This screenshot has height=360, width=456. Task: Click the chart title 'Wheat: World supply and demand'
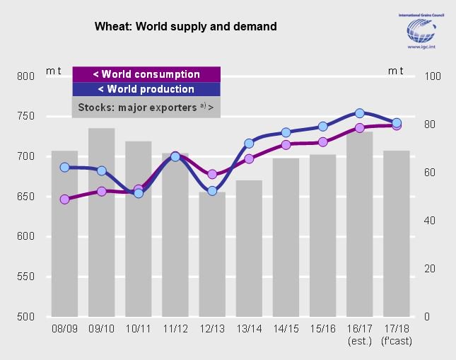click(x=185, y=26)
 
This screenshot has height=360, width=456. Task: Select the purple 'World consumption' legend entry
click(x=146, y=74)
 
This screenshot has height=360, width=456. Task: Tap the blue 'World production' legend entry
click(x=146, y=89)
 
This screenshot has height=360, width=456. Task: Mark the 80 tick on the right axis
click(x=429, y=124)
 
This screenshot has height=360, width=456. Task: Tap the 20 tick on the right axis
click(x=429, y=269)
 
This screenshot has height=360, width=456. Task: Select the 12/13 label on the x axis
click(x=211, y=330)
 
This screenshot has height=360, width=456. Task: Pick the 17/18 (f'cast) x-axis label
click(x=396, y=335)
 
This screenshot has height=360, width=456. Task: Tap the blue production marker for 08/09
click(x=64, y=168)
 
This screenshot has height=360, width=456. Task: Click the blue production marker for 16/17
click(x=359, y=113)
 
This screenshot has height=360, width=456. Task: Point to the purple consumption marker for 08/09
click(x=64, y=199)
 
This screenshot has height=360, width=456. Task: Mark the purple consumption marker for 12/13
click(x=212, y=174)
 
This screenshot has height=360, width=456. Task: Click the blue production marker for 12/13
click(x=212, y=190)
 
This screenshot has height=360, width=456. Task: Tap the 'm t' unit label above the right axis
click(x=396, y=71)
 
